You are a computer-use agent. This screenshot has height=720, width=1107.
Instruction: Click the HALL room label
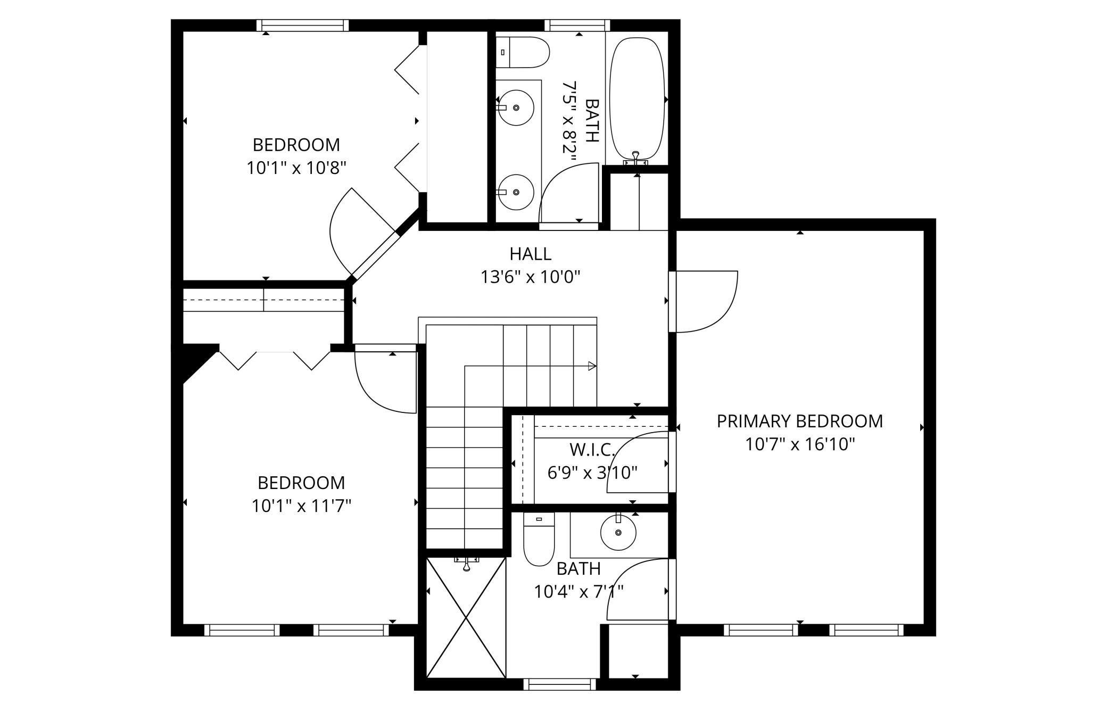(530, 254)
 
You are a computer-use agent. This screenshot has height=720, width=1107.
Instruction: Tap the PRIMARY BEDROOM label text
(799, 421)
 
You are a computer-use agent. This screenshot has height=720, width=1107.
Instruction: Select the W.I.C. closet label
(592, 450)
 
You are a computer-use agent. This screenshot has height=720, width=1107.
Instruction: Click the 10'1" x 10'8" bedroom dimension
(296, 168)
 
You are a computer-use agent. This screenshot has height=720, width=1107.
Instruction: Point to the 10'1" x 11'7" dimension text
(301, 506)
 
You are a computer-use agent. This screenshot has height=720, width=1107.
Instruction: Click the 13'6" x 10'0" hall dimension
(530, 277)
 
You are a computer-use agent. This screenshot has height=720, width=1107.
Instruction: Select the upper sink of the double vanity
(516, 107)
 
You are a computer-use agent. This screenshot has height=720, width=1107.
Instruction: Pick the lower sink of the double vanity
(516, 192)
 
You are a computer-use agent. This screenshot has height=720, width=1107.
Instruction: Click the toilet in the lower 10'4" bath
(539, 539)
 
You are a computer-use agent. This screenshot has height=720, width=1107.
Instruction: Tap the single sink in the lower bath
(618, 532)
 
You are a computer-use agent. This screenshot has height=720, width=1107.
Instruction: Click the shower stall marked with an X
(466, 617)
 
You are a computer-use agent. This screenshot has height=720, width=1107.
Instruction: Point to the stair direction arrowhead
(592, 366)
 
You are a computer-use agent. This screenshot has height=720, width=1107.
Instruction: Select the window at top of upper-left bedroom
(302, 26)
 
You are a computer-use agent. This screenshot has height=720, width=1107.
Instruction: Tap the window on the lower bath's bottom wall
(559, 684)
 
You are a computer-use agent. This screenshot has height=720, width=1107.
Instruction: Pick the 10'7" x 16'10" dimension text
(799, 444)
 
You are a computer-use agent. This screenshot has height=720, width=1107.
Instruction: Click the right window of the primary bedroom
(866, 630)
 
